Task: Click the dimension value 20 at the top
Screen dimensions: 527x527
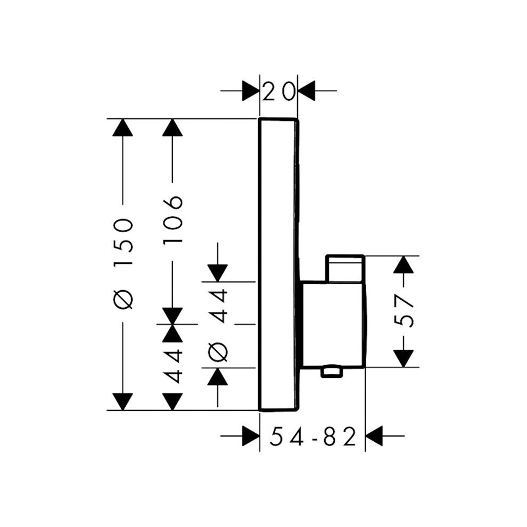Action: click(x=278, y=91)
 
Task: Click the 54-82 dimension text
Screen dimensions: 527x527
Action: click(x=312, y=438)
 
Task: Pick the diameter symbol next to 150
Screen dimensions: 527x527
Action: click(x=123, y=300)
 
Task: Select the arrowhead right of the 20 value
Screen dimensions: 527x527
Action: click(x=307, y=91)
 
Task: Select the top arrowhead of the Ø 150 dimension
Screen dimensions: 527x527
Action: click(x=123, y=128)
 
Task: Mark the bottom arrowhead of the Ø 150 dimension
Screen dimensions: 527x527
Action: click(x=123, y=401)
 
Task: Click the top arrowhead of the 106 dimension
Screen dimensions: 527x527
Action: click(x=173, y=128)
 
